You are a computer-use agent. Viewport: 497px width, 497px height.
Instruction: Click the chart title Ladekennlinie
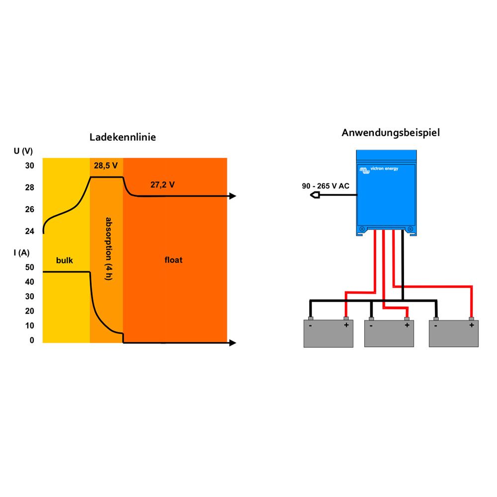coord(122,137)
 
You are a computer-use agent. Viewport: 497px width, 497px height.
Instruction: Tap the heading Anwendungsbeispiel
coord(391,133)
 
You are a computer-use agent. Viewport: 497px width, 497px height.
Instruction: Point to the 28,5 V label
coord(106,166)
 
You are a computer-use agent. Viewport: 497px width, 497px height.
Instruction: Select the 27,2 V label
coord(163,185)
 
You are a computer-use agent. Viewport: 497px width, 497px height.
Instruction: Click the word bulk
coord(65,260)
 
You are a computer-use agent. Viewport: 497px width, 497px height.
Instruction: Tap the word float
coord(173,260)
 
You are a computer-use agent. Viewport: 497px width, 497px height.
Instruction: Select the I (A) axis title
coord(22,252)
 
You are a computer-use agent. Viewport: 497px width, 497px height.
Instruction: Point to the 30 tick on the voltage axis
coord(30,166)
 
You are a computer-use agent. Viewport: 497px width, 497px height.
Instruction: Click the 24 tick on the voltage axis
coord(30,231)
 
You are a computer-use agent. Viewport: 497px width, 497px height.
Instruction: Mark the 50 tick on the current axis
coord(30,267)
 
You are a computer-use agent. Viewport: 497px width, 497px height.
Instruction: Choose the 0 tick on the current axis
coord(32,340)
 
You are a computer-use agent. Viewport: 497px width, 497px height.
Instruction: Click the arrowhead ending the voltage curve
coord(232,196)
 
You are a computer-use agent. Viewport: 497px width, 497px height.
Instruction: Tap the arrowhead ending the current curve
coord(232,342)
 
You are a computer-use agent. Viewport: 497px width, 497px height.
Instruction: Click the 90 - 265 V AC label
coord(326,186)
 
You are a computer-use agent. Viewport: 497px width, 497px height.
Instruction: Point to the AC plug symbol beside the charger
coord(315,195)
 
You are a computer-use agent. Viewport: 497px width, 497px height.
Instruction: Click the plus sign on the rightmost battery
coord(471,326)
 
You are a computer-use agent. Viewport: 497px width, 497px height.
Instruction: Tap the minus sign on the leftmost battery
coord(310,326)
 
